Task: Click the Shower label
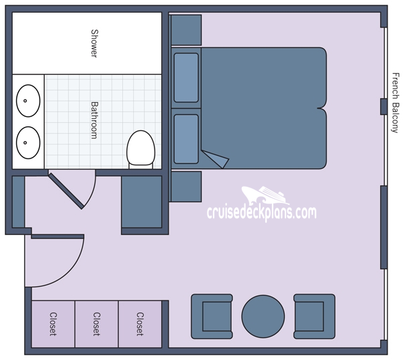(x=95, y=43)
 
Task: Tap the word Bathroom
(x=95, y=120)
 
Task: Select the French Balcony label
(x=394, y=101)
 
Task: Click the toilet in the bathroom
(x=140, y=148)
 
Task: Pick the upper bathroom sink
(x=27, y=101)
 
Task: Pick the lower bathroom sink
(x=27, y=142)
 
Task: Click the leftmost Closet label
(x=52, y=324)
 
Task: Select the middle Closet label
(x=96, y=324)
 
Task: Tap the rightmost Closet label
(x=140, y=324)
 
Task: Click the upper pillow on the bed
(x=186, y=77)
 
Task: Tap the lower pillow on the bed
(x=186, y=139)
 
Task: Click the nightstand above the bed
(x=186, y=29)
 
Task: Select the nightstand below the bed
(x=186, y=186)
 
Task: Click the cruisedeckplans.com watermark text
(x=261, y=214)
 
